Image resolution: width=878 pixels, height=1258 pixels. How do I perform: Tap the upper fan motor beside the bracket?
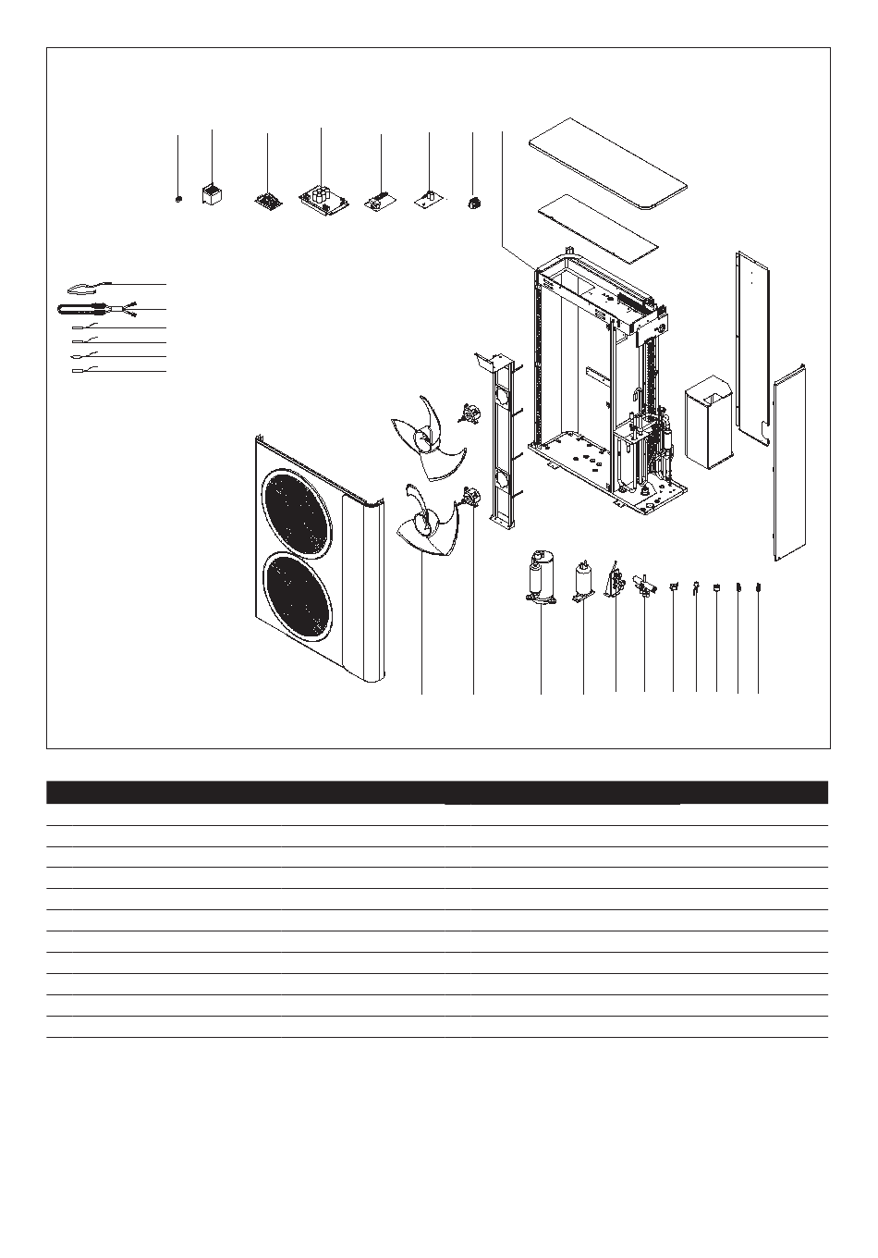pyautogui.click(x=471, y=413)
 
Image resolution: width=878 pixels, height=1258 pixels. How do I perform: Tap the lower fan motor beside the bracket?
pyautogui.click(x=469, y=499)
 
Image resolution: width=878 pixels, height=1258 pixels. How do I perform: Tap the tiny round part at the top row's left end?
pyautogui.click(x=179, y=198)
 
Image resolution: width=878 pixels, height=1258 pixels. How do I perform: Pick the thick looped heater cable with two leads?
pyautogui.click(x=92, y=310)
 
